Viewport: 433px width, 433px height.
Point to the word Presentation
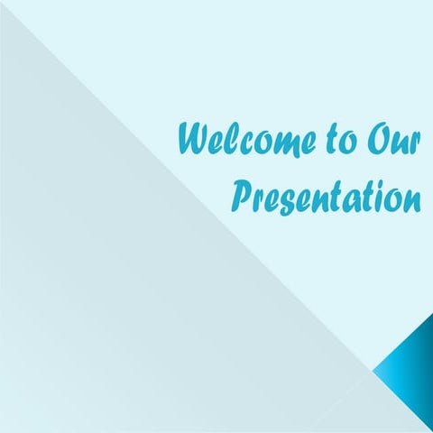pos(327,193)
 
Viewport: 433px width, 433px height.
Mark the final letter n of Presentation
pos(411,198)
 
